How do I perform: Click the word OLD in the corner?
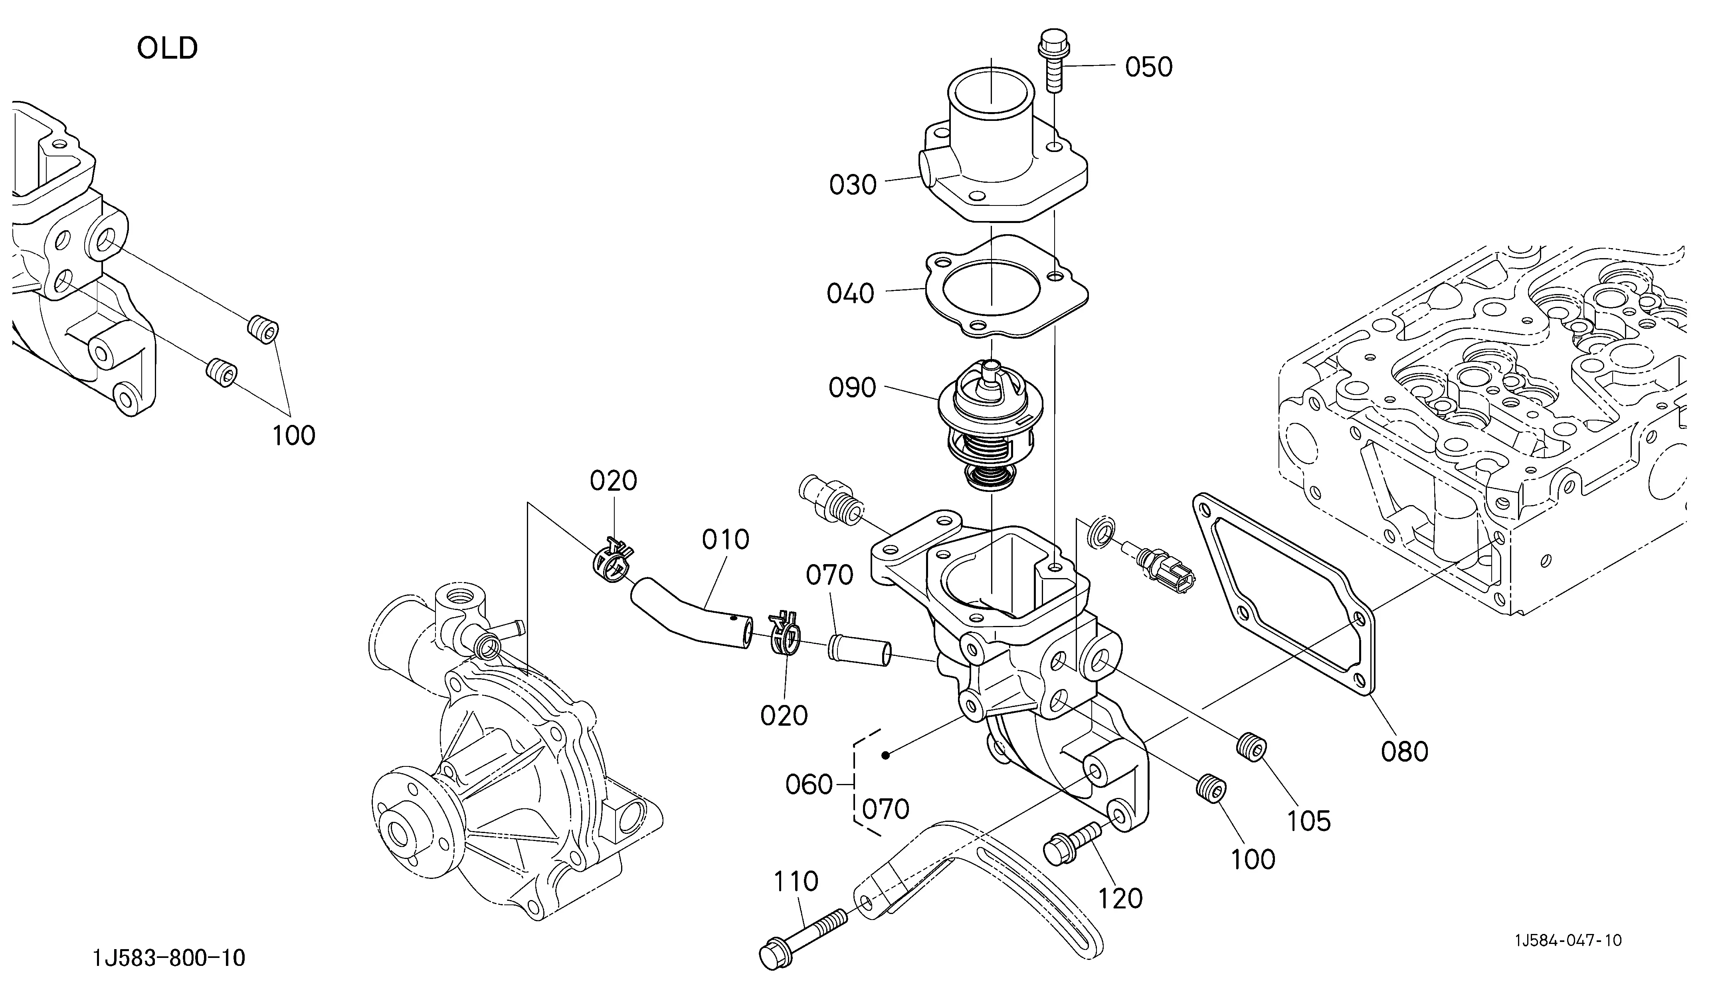click(168, 48)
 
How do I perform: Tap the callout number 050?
click(1149, 67)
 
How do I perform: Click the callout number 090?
click(852, 388)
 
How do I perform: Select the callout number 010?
click(726, 540)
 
